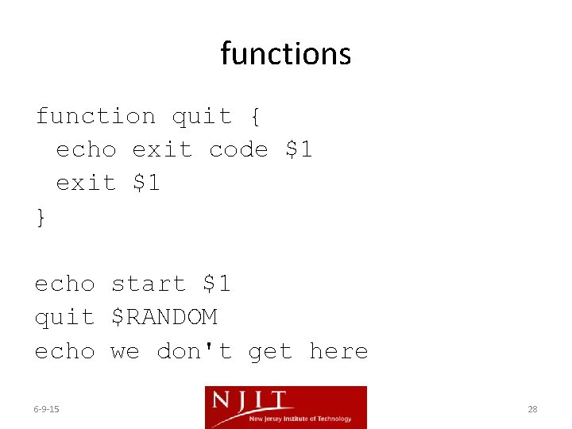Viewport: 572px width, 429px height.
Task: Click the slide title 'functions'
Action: pyautogui.click(x=286, y=54)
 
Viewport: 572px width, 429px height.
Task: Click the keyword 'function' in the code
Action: pyautogui.click(x=95, y=117)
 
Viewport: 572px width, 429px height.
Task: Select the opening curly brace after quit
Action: pyautogui.click(x=254, y=117)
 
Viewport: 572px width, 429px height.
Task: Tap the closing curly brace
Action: pyautogui.click(x=41, y=217)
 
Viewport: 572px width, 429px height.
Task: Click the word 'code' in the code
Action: pyautogui.click(x=238, y=149)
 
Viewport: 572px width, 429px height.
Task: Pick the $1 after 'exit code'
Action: pyautogui.click(x=299, y=149)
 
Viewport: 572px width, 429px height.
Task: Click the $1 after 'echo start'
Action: pyautogui.click(x=216, y=284)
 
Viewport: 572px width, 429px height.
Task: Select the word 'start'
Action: pyautogui.click(x=149, y=284)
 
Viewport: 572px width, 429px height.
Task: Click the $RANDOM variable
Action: pyautogui.click(x=164, y=317)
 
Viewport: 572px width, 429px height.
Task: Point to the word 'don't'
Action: pyautogui.click(x=194, y=350)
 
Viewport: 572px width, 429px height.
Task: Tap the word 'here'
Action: pyautogui.click(x=338, y=350)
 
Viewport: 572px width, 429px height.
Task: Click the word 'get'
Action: pyautogui.click(x=270, y=350)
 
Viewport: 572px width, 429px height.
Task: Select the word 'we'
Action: pyautogui.click(x=125, y=350)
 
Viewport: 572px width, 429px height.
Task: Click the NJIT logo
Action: pyautogui.click(x=285, y=407)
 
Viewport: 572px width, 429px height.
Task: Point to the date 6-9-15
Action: pyautogui.click(x=47, y=409)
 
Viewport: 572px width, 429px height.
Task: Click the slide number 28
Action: pyautogui.click(x=532, y=409)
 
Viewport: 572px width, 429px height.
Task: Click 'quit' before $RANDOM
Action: pyautogui.click(x=64, y=317)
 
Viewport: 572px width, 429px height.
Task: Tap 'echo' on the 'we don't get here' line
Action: pyautogui.click(x=64, y=350)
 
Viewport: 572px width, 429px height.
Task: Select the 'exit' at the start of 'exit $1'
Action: pyautogui.click(x=86, y=183)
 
